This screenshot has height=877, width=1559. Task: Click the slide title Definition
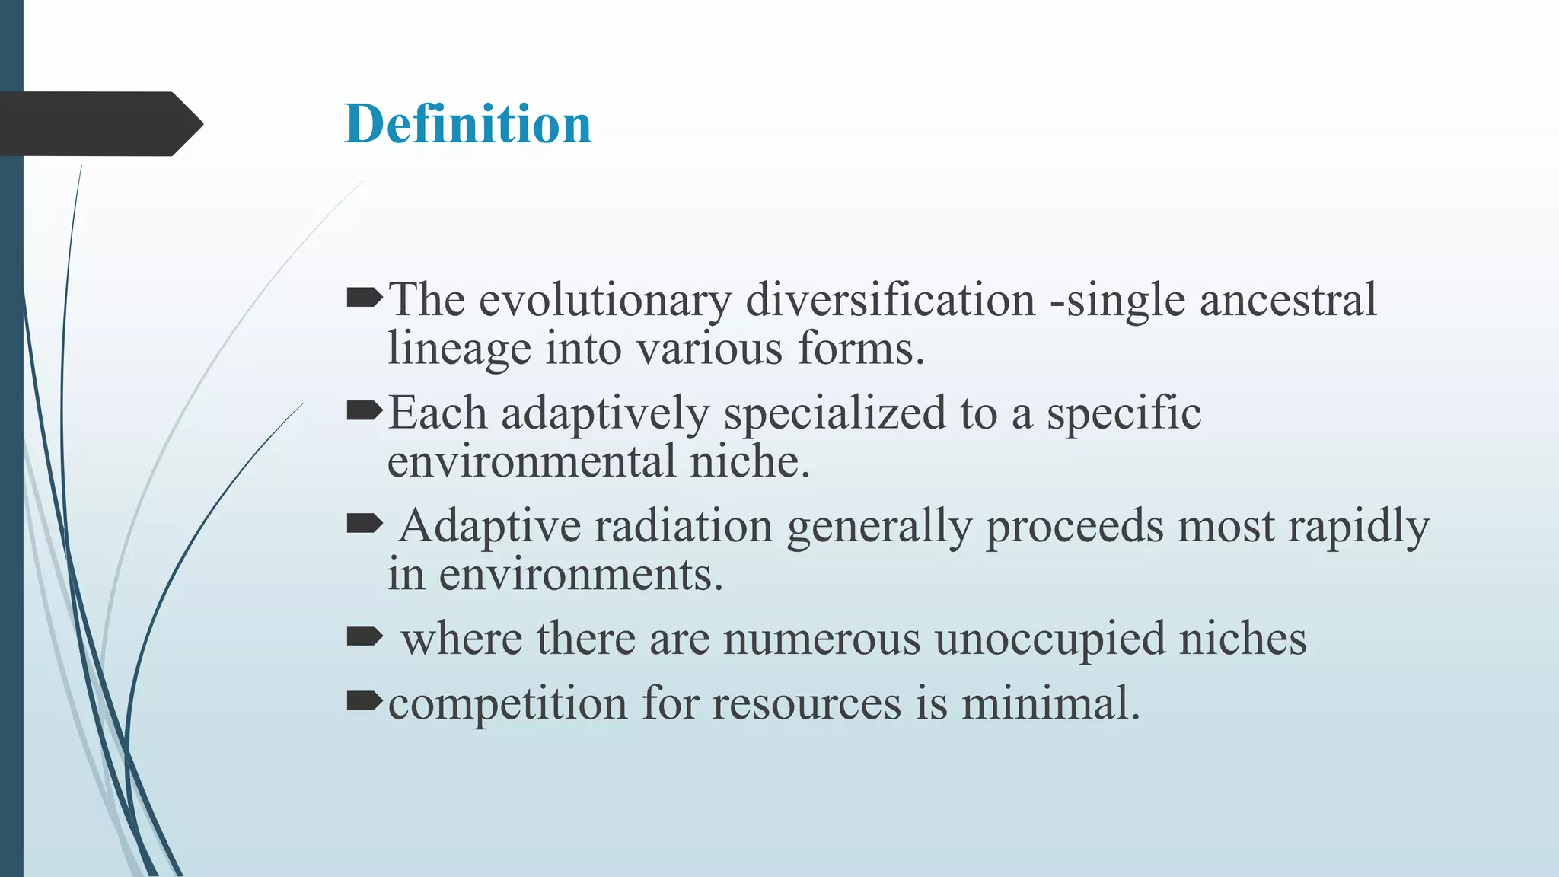point(467,124)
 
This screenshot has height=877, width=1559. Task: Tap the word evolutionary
point(604,300)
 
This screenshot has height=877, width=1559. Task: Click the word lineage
point(459,350)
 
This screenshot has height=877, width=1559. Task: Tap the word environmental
point(531,461)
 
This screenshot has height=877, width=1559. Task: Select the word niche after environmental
point(749,461)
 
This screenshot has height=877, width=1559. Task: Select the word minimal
point(1050,703)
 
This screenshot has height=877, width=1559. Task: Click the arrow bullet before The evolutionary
point(364,298)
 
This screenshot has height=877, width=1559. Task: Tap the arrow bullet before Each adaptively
point(364,411)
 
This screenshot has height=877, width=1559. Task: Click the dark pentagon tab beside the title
point(99,124)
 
